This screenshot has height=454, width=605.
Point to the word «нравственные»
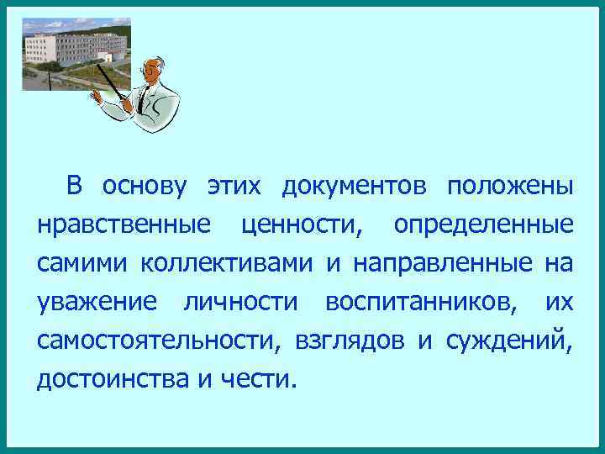pyautogui.click(x=124, y=225)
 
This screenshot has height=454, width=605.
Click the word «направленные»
pyautogui.click(x=442, y=264)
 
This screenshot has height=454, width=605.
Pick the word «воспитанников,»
pyautogui.click(x=421, y=302)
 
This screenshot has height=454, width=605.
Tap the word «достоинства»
pyautogui.click(x=113, y=379)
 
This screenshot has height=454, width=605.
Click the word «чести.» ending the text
pyautogui.click(x=257, y=379)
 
